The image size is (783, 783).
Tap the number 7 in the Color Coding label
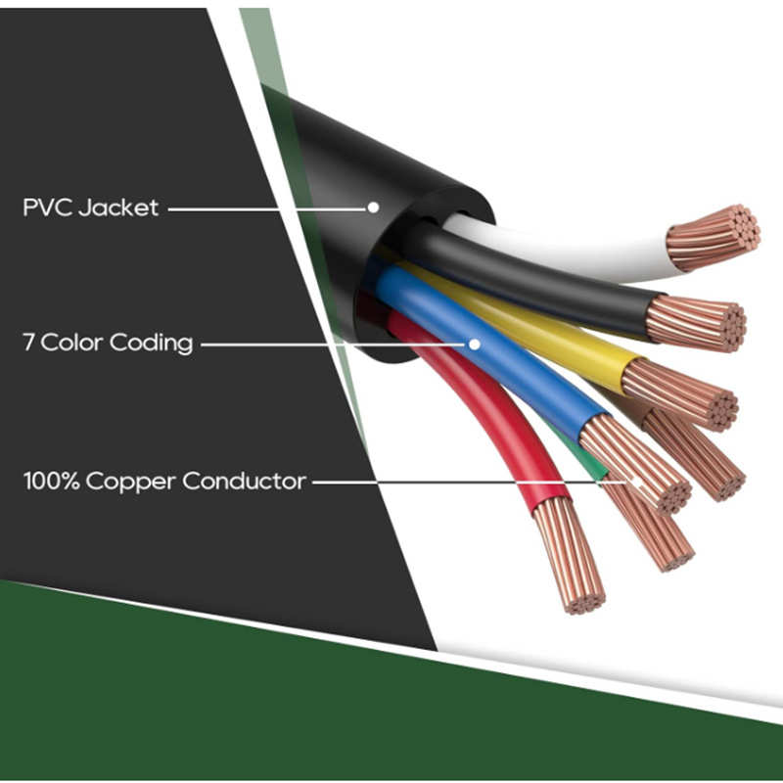coord(29,344)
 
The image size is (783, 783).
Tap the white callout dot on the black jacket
coord(373,207)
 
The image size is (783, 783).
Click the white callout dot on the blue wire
coord(475,344)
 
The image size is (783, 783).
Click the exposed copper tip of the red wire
coord(568,553)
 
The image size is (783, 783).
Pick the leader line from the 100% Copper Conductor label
coord(460,482)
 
